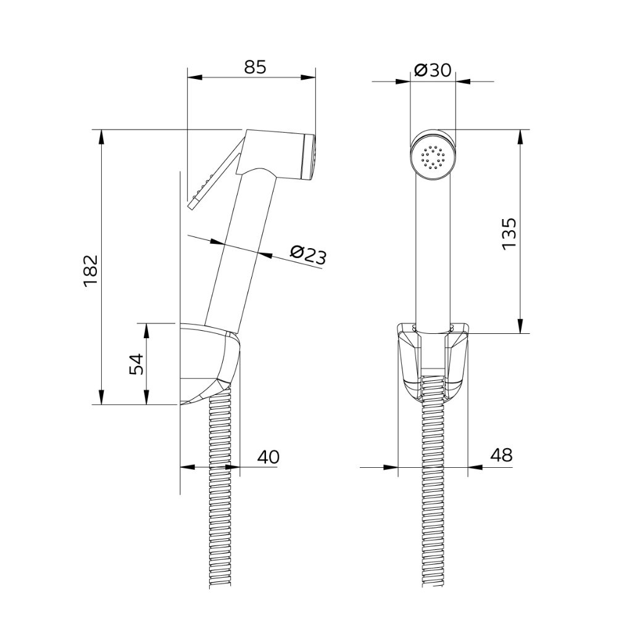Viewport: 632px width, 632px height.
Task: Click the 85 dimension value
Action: [255, 67]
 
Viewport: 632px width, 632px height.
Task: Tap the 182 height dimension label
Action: [91, 270]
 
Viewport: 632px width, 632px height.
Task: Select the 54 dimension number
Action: [136, 364]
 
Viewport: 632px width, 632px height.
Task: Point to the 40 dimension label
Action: [268, 457]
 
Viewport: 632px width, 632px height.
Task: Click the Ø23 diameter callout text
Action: [308, 255]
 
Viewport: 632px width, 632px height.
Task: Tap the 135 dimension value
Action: [509, 234]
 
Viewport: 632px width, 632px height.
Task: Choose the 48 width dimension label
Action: [501, 455]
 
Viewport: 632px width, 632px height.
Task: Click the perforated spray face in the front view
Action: [433, 157]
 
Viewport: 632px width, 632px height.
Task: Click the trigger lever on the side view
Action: [216, 173]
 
